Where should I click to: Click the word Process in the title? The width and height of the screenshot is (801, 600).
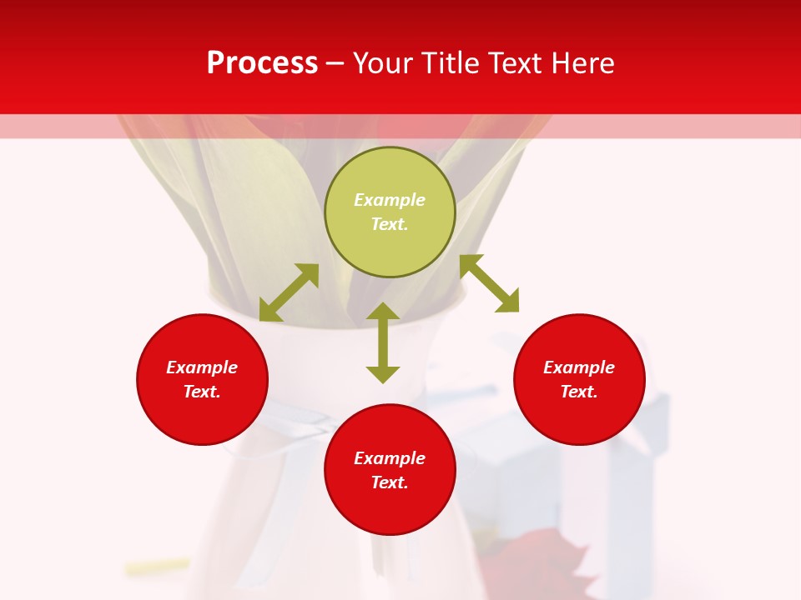pyautogui.click(x=262, y=63)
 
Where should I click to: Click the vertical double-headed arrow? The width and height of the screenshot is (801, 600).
pyautogui.click(x=383, y=342)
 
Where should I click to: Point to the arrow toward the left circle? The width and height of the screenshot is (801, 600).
pyautogui.click(x=289, y=292)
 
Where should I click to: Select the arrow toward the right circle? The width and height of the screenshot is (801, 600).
pyautogui.click(x=489, y=283)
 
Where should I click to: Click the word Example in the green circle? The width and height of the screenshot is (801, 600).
pyautogui.click(x=390, y=200)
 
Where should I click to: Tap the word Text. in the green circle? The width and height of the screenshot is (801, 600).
pyautogui.click(x=390, y=224)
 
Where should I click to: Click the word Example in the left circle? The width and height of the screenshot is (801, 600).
pyautogui.click(x=202, y=367)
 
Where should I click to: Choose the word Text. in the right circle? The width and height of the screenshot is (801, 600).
pyautogui.click(x=579, y=392)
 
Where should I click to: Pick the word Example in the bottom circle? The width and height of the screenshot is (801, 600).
pyautogui.click(x=390, y=458)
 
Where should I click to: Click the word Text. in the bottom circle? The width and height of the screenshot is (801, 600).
pyautogui.click(x=390, y=482)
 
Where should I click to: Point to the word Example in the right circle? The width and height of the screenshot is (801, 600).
pyautogui.click(x=579, y=367)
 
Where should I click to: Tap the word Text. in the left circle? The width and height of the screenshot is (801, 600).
pyautogui.click(x=202, y=392)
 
